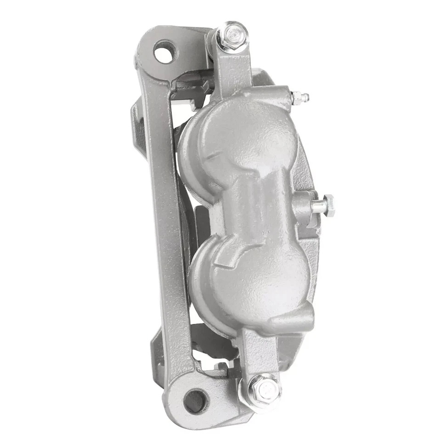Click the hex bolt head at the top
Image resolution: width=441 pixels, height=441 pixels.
coord(232,34)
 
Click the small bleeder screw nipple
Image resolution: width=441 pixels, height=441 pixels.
coord(301,96)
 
